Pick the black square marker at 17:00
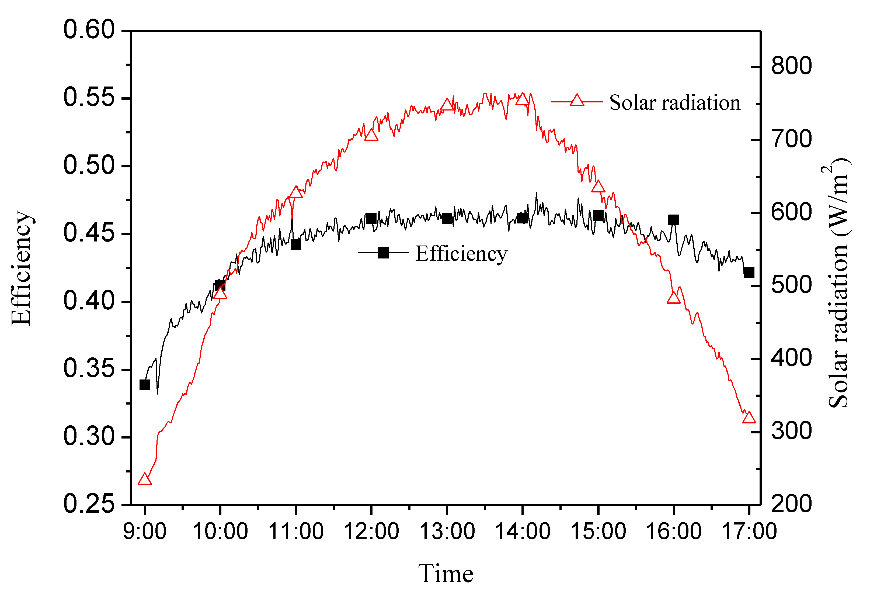tap(749, 273)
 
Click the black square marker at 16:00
tap(673, 220)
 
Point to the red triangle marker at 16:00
tap(673, 298)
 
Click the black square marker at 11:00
tap(296, 244)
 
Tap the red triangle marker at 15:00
tap(598, 187)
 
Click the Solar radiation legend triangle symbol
tap(577, 101)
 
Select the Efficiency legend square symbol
tap(383, 253)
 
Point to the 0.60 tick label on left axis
tap(89, 30)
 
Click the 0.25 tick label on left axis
tap(89, 504)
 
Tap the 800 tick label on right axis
tap(791, 66)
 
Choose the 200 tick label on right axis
tap(791, 504)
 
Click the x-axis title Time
tap(446, 574)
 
